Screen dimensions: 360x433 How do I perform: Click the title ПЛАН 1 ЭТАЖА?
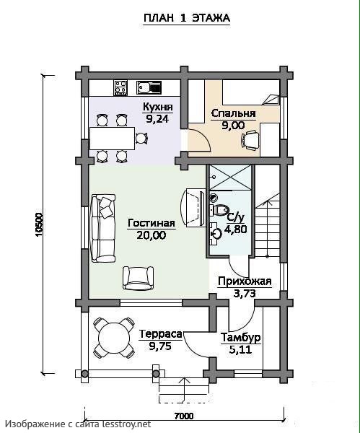pyautogui.click(x=187, y=18)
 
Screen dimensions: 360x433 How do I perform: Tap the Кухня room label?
pyautogui.click(x=158, y=107)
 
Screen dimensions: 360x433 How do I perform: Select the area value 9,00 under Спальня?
pyautogui.click(x=233, y=126)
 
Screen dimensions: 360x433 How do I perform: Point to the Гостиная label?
pyautogui.click(x=152, y=223)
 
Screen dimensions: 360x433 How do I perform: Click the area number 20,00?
pyautogui.click(x=152, y=235)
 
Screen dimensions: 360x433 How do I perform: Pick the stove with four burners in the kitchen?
pyautogui.click(x=120, y=88)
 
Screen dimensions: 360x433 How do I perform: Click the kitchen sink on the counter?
pyautogui.click(x=149, y=87)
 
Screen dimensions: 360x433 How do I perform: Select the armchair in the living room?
pyautogui.click(x=138, y=278)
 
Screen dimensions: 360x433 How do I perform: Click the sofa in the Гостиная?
pyautogui.click(x=103, y=228)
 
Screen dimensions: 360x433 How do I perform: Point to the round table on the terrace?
pyautogui.click(x=114, y=338)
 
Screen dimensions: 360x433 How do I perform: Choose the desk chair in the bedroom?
pyautogui.click(x=250, y=140)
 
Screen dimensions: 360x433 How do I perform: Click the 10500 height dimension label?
pyautogui.click(x=39, y=224)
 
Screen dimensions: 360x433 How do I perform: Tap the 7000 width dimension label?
pyautogui.click(x=184, y=416)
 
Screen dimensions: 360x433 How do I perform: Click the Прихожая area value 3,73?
pyautogui.click(x=245, y=294)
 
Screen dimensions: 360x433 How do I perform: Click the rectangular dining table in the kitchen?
pyautogui.click(x=112, y=139)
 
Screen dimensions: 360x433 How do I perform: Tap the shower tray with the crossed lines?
pyautogui.click(x=230, y=178)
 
